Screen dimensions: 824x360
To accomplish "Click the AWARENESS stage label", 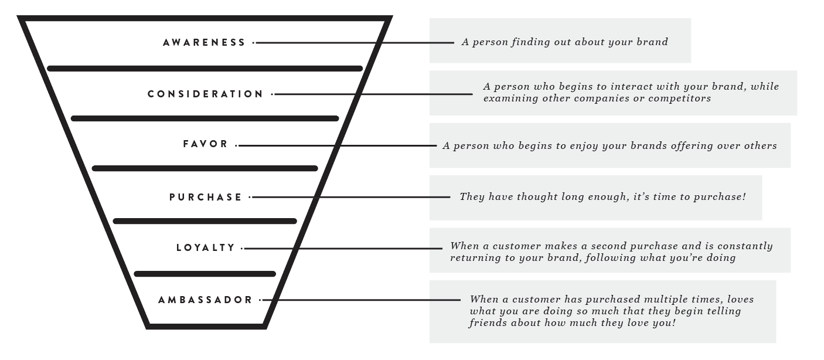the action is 204,43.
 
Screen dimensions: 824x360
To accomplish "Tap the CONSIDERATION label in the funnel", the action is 205,94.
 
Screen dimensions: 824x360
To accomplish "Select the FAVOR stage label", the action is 205,144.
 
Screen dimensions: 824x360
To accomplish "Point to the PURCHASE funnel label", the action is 205,198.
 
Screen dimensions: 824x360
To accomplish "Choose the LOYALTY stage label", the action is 205,248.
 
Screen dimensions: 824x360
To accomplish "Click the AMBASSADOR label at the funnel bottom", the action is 205,300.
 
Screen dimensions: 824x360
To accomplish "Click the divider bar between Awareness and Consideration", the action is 205,69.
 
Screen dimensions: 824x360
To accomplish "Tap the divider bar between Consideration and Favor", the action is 205,118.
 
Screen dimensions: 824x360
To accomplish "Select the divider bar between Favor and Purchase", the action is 205,168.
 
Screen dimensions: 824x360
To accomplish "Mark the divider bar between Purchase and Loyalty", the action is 205,221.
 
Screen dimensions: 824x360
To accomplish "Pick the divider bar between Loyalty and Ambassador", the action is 205,274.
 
